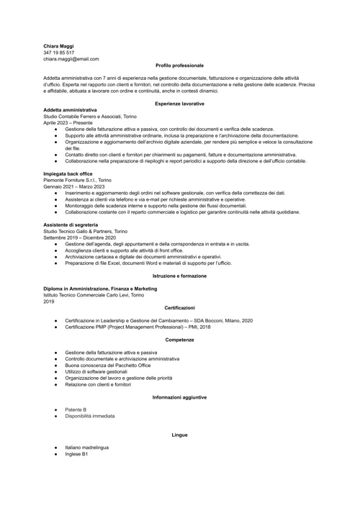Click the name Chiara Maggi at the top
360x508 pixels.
coord(58,46)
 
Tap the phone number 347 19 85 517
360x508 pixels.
coord(58,53)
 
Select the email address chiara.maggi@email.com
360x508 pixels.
coord(71,59)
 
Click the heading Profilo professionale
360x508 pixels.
coord(179,65)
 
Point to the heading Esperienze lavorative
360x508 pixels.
coord(179,104)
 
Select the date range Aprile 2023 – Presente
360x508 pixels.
coord(68,123)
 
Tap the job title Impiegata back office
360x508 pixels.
coord(69,174)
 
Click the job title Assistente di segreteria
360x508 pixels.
coord(71,225)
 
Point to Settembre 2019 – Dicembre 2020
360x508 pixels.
coord(79,238)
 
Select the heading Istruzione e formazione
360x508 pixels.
coord(179,276)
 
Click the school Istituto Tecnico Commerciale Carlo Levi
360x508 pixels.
coord(94,295)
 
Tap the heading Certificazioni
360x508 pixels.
coord(179,307)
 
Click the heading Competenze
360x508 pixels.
coord(179,339)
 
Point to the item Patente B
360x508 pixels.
coord(76,409)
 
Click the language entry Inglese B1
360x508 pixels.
coord(76,454)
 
